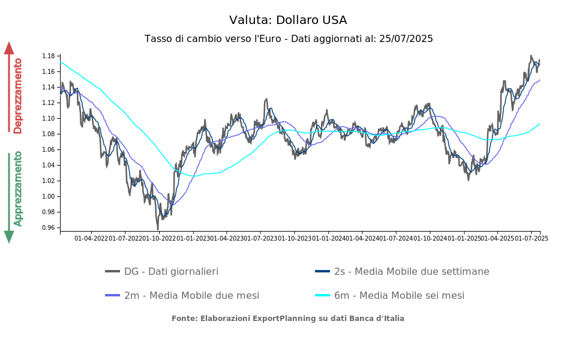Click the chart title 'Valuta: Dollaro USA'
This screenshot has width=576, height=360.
click(288, 20)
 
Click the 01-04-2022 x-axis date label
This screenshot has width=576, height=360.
click(91, 239)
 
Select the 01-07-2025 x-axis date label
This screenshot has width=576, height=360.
click(531, 239)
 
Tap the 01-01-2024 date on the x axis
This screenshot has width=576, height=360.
click(328, 239)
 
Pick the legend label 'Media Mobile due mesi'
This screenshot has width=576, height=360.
click(191, 295)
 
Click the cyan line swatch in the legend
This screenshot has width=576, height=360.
click(323, 295)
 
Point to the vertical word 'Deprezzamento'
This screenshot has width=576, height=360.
click(18, 96)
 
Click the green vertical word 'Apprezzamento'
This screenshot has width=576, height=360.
click(18, 188)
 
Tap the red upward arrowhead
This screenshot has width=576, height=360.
click(9, 48)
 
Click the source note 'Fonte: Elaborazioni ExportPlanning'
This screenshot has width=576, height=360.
click(288, 319)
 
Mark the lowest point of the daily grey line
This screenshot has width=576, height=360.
click(158, 229)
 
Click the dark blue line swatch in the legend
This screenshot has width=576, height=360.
click(323, 271)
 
